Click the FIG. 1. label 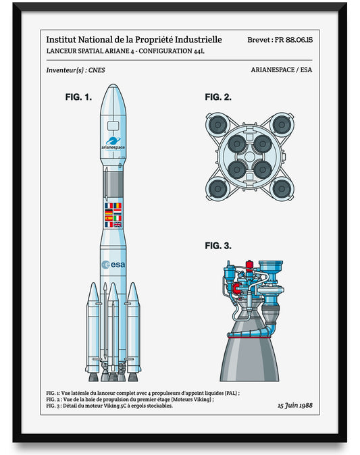(78, 97)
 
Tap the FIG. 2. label (218, 97)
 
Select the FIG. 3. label (218, 246)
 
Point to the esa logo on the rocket (113, 264)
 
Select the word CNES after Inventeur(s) (96, 70)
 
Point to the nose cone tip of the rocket (113, 88)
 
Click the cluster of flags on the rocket (113, 215)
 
